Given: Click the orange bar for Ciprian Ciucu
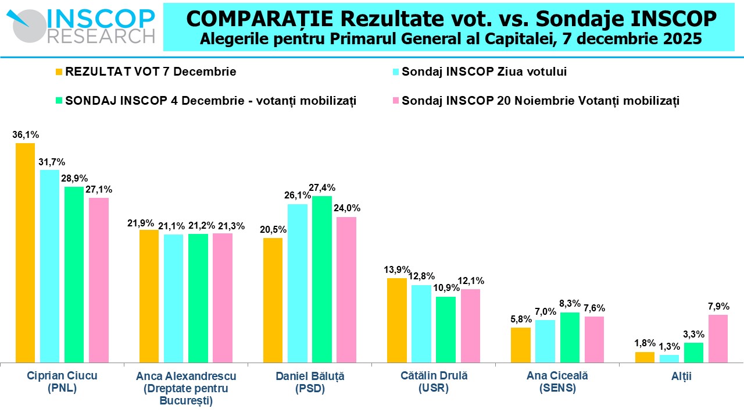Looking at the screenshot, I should [25, 253].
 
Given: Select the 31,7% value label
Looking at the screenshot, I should [52, 162].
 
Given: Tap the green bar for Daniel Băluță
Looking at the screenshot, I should [321, 279].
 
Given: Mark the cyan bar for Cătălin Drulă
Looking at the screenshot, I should [421, 324].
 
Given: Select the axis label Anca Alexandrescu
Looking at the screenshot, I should [186, 376].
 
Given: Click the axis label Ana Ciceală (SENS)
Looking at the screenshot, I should [557, 382].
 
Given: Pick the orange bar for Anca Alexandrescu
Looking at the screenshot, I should [149, 296].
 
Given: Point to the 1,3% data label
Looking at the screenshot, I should [669, 346].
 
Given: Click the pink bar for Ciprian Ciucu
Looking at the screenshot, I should [99, 280].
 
